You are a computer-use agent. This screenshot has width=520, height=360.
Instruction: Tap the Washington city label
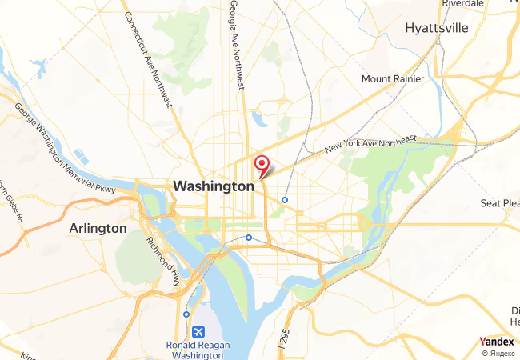click(x=214, y=186)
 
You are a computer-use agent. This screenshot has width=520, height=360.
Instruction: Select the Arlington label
click(x=98, y=228)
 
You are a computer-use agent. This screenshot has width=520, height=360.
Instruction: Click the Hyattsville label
click(x=436, y=28)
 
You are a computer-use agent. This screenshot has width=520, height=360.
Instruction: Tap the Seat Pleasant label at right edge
click(x=500, y=203)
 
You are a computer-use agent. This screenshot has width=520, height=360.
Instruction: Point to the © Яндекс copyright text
click(x=498, y=353)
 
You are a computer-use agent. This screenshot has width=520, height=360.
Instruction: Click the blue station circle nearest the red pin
click(x=284, y=200)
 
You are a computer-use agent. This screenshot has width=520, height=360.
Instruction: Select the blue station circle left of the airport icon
click(x=186, y=314)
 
